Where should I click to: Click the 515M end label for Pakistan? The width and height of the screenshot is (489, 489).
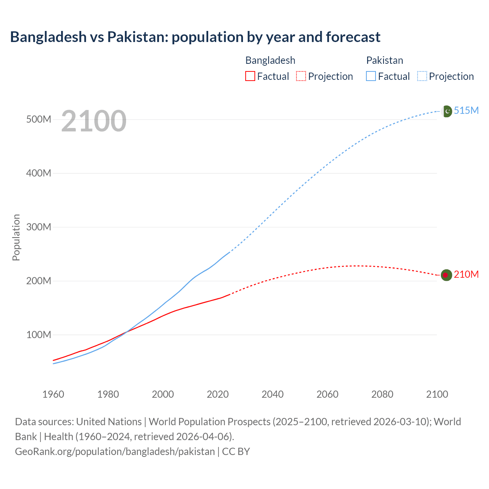pyautogui.click(x=466, y=110)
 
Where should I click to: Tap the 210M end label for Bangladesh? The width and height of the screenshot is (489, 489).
pyautogui.click(x=466, y=275)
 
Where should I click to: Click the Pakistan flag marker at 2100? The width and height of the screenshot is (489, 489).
pyautogui.click(x=447, y=111)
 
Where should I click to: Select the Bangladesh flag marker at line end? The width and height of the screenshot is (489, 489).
pyautogui.click(x=446, y=275)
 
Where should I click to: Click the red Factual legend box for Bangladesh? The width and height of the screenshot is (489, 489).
pyautogui.click(x=250, y=76)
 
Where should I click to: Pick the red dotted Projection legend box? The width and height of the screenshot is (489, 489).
pyautogui.click(x=301, y=76)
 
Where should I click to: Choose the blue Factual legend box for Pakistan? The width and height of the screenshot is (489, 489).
pyautogui.click(x=371, y=76)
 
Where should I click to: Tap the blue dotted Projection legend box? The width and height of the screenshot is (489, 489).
pyautogui.click(x=422, y=76)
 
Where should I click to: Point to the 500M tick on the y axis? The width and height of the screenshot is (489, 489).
pyautogui.click(x=39, y=119)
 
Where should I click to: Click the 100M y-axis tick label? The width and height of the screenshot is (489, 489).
pyautogui.click(x=39, y=335)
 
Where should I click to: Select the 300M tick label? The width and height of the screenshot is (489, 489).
pyautogui.click(x=39, y=227)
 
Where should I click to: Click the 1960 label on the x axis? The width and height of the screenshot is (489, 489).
pyautogui.click(x=53, y=394)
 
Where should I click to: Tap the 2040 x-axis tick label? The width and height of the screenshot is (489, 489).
pyautogui.click(x=272, y=394)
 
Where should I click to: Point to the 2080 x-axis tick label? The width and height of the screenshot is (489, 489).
pyautogui.click(x=382, y=394)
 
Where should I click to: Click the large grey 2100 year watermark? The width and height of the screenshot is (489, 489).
pyautogui.click(x=94, y=121)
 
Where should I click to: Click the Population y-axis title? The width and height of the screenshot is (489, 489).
pyautogui.click(x=16, y=237)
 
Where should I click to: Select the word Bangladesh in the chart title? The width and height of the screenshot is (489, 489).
pyautogui.click(x=49, y=37)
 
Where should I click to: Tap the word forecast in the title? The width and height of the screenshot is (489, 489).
pyautogui.click(x=353, y=37)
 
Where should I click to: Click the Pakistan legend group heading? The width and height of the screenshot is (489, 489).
pyautogui.click(x=384, y=60)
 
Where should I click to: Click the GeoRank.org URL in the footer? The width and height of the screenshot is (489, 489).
pyautogui.click(x=115, y=451)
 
